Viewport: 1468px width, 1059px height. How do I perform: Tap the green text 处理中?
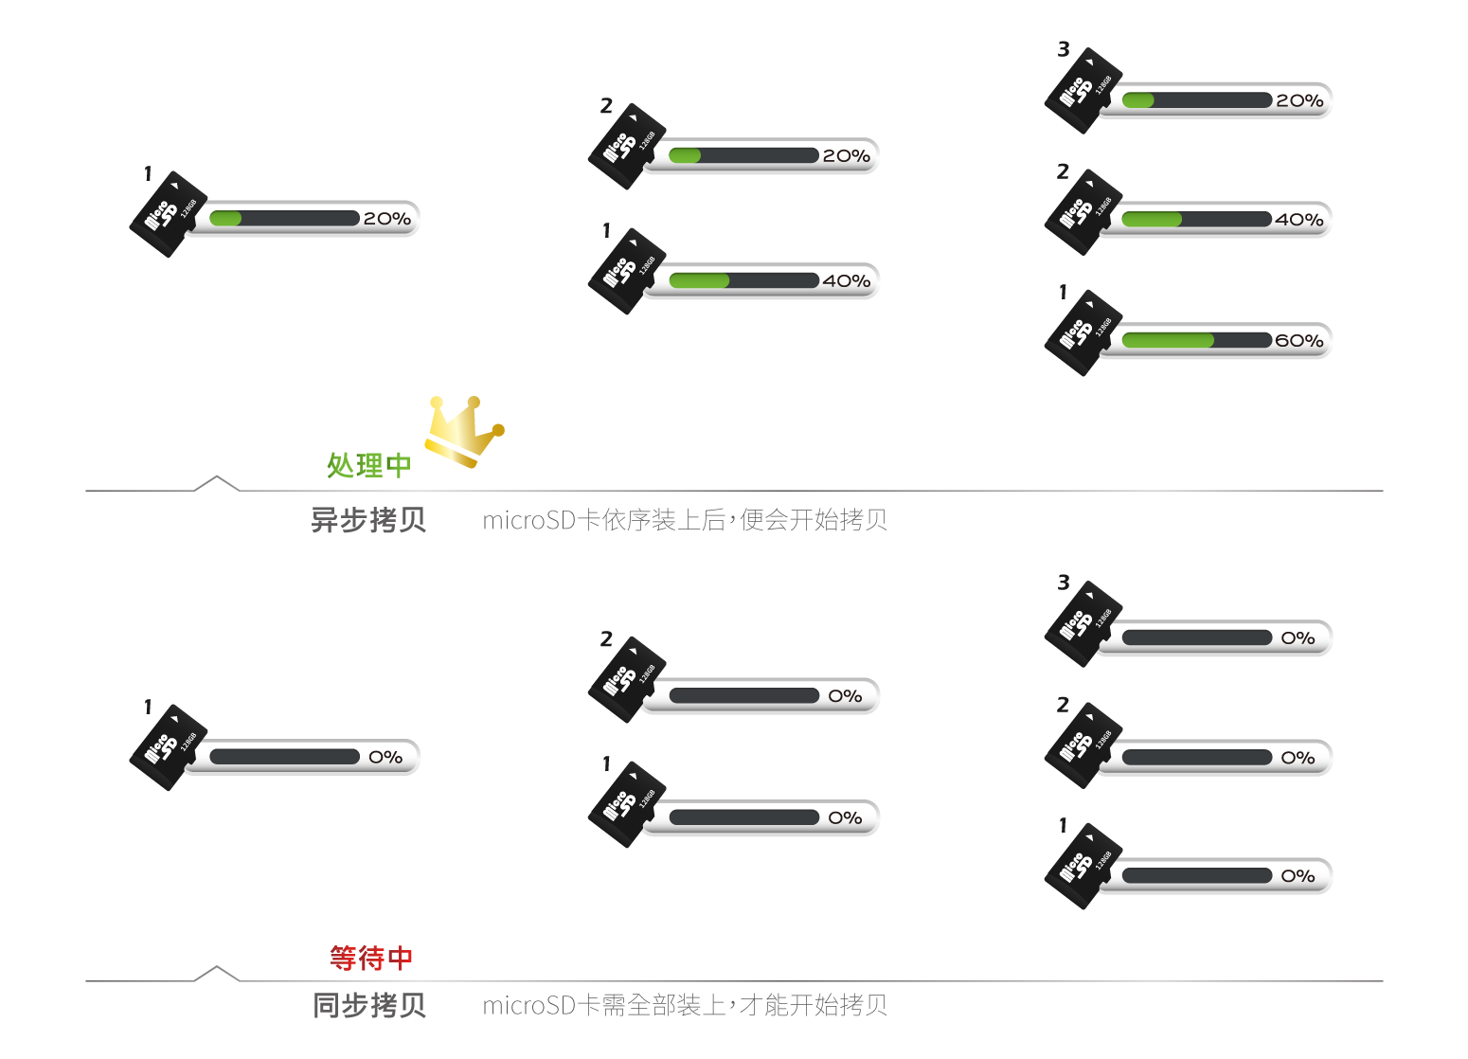(368, 465)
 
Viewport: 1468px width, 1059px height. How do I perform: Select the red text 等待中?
(371, 958)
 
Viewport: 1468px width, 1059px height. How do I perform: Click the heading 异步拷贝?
(368, 520)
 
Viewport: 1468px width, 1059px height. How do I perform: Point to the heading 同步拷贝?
(369, 1005)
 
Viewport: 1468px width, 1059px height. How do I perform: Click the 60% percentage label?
(1298, 341)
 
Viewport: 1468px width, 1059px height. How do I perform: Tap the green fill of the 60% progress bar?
(1167, 341)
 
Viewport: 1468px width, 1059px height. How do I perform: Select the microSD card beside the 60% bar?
(1082, 332)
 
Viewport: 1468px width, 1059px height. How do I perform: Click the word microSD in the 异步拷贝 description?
(528, 520)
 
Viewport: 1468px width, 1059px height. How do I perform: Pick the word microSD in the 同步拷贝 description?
(528, 1005)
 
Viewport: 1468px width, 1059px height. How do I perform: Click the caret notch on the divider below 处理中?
(217, 482)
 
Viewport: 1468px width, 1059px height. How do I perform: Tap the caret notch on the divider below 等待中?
(217, 973)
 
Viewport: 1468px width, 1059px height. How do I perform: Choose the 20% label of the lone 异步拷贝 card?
(386, 219)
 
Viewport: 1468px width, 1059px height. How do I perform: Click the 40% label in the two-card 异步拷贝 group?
(846, 281)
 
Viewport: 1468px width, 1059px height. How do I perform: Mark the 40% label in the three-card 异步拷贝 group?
(1298, 220)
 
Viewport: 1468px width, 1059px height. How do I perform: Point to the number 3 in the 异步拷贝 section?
(1064, 49)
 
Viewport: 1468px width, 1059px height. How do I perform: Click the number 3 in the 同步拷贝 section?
(1064, 583)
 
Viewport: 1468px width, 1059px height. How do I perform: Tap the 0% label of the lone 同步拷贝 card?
(385, 757)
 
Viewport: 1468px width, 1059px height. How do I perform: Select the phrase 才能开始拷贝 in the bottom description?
(814, 1005)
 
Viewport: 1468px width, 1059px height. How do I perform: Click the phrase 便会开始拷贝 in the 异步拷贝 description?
(814, 520)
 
